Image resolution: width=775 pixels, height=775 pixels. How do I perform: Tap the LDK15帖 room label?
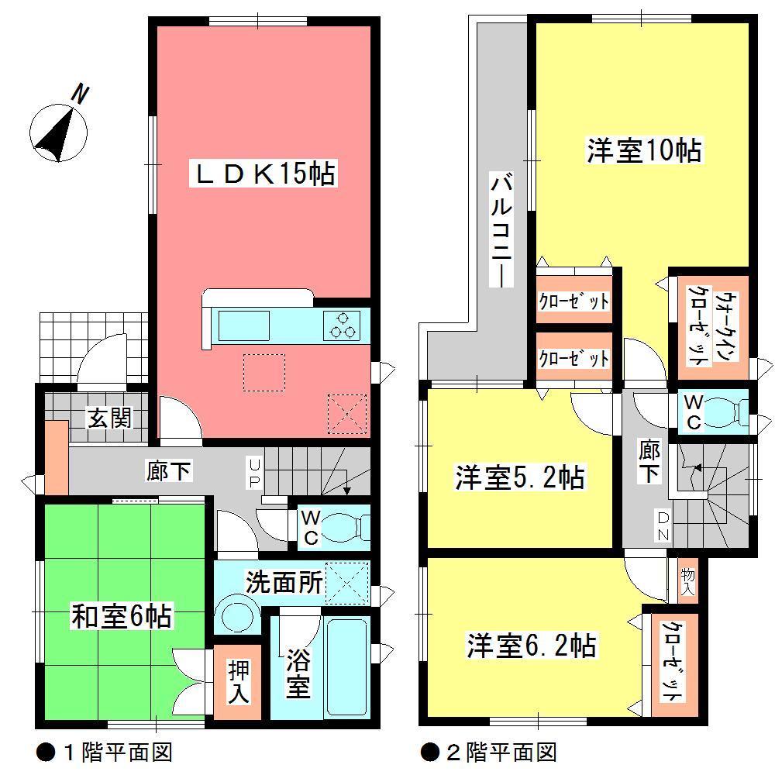(263, 174)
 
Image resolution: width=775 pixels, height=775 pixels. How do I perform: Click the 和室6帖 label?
(122, 618)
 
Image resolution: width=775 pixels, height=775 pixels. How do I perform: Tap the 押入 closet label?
(239, 682)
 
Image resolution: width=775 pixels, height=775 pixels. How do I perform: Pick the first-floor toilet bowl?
(342, 528)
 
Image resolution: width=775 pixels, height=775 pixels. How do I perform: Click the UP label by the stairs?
(253, 473)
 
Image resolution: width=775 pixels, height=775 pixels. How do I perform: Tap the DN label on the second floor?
(664, 527)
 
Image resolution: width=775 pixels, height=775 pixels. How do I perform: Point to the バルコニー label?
(501, 232)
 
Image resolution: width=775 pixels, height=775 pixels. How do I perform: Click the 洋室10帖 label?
(643, 150)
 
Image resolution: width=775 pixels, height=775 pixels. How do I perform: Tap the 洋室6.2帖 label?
(531, 645)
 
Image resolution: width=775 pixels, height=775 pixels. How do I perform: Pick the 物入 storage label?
(688, 581)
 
